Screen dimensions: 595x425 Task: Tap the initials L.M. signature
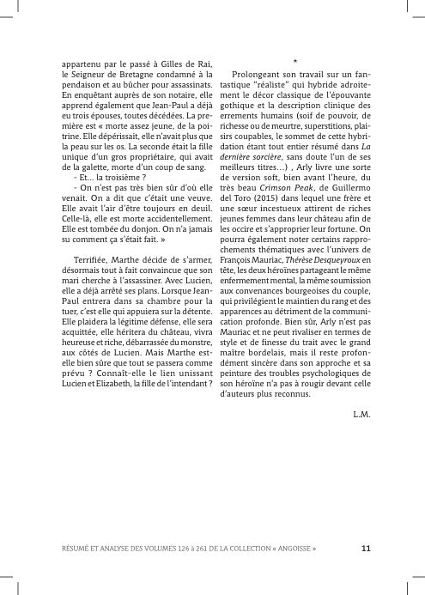361,415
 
